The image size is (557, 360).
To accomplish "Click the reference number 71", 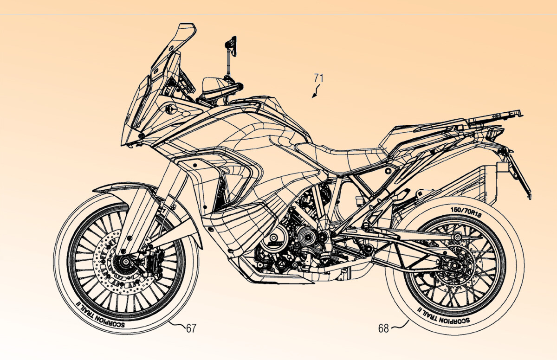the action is click(318, 78).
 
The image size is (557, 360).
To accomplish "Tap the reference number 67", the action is click(191, 328).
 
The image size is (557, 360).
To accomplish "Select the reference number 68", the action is click(383, 328).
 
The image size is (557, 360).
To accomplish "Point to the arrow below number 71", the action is click(316, 91).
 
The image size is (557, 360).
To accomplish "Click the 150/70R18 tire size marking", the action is click(466, 212).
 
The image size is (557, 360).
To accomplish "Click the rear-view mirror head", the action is click(231, 45).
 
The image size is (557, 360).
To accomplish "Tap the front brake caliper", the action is click(155, 261).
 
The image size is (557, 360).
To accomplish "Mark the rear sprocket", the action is click(454, 264).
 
